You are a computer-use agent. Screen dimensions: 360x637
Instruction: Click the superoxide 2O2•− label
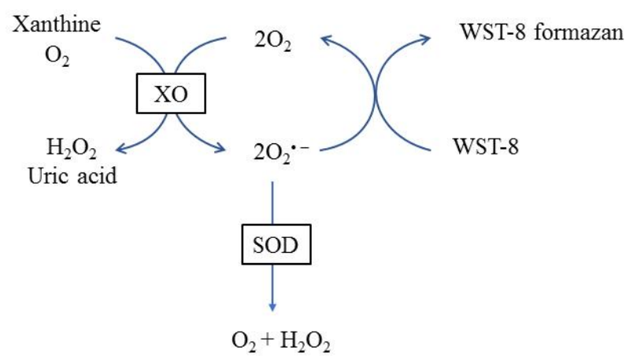[272, 147]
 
